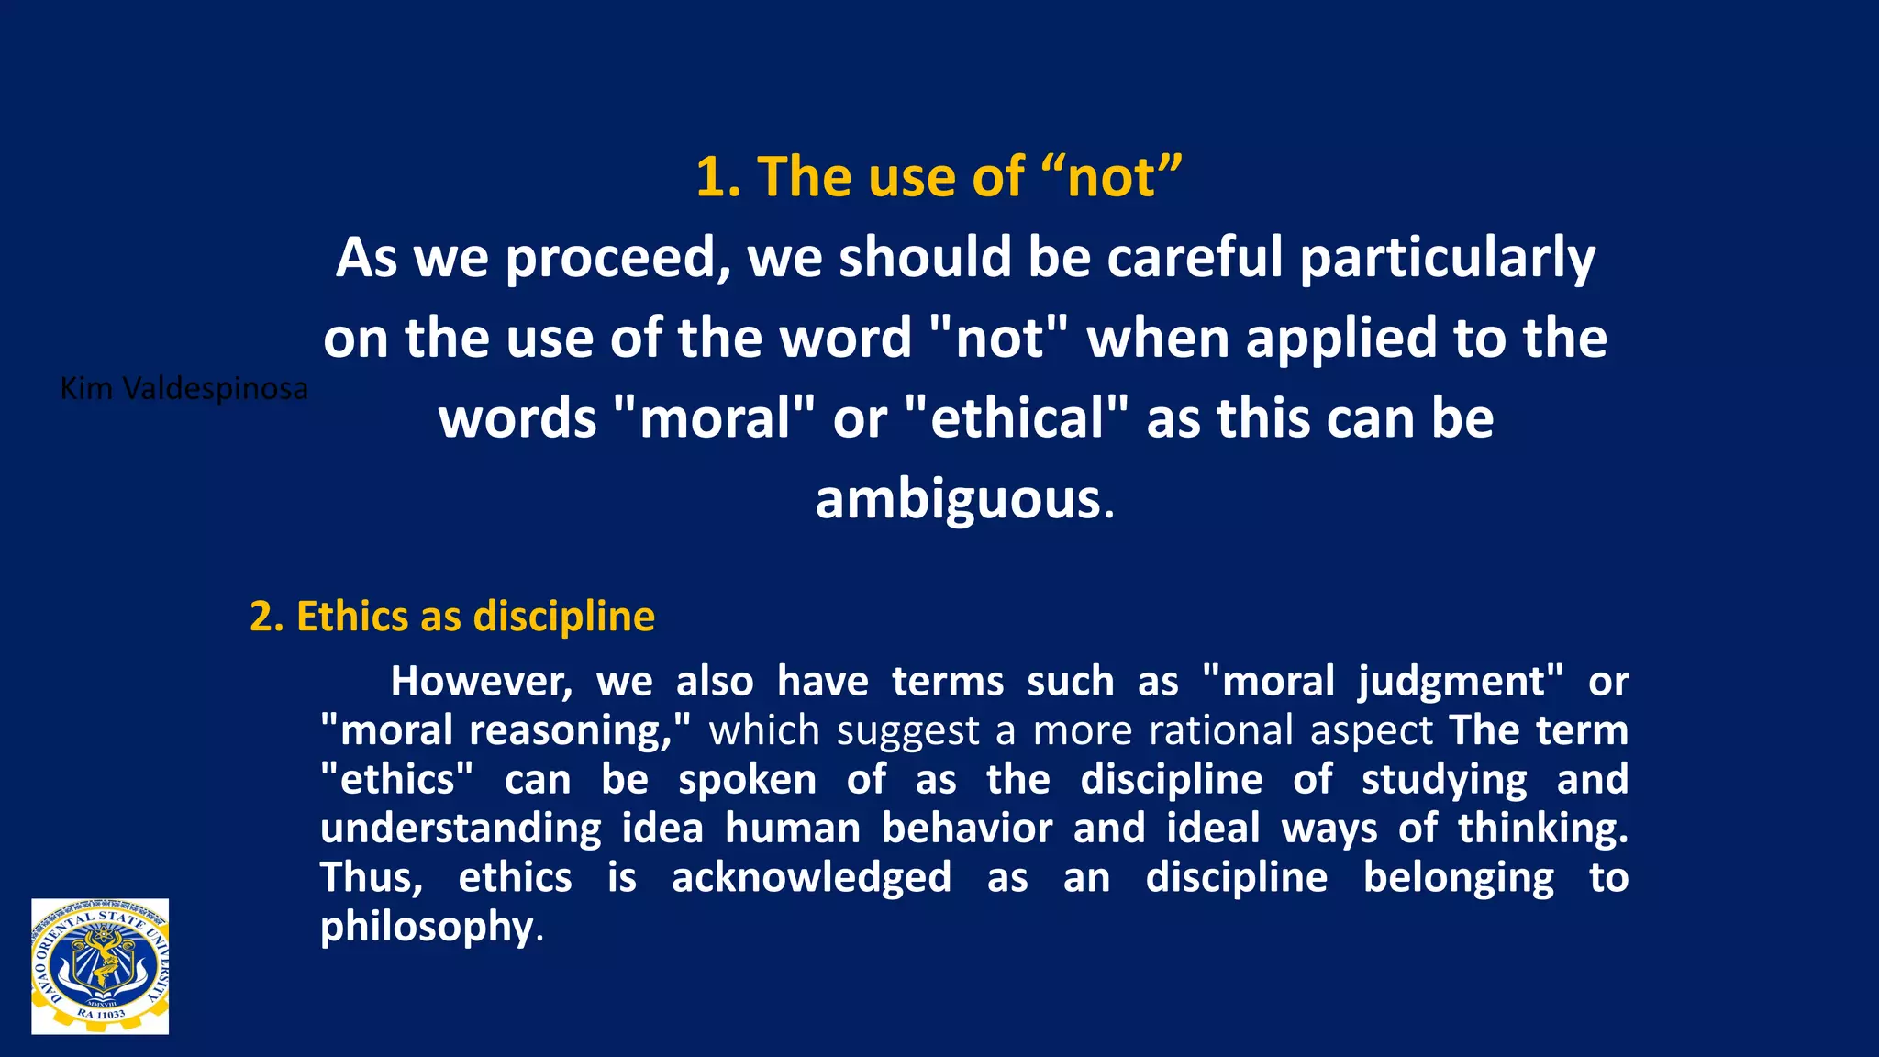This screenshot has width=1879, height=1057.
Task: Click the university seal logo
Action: [100, 966]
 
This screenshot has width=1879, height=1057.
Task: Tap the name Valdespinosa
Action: [215, 389]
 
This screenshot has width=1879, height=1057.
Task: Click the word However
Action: [481, 682]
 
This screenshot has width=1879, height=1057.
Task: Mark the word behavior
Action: [967, 829]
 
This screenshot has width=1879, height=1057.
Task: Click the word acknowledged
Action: [811, 879]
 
